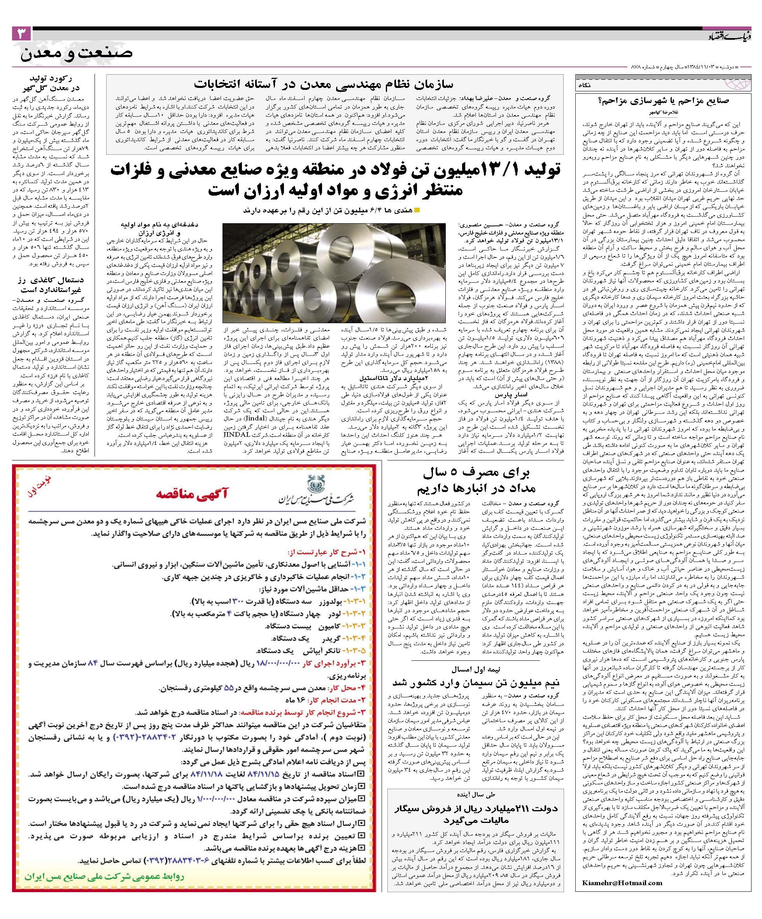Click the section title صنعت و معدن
coord(77,54)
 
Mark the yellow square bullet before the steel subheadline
coord(417,210)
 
